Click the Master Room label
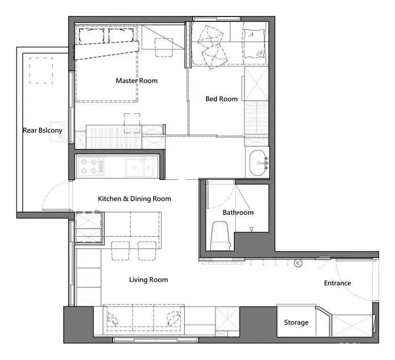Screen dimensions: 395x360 pyautogui.click(x=136, y=80)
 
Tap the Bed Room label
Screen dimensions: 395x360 pyautogui.click(x=221, y=99)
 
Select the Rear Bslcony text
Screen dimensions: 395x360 pyautogui.click(x=43, y=130)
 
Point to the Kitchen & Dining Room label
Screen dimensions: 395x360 pyautogui.click(x=134, y=199)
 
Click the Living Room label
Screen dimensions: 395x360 pyautogui.click(x=149, y=280)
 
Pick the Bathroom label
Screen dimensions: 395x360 pyautogui.click(x=238, y=212)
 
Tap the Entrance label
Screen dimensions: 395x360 pyautogui.click(x=337, y=283)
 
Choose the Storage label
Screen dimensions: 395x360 pyautogui.click(x=296, y=322)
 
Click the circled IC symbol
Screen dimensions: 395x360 pyautogui.click(x=298, y=263)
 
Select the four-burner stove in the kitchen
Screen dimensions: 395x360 pyautogui.click(x=91, y=167)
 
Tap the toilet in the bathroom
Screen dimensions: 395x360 pyautogui.click(x=221, y=236)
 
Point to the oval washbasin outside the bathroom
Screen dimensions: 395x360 pyautogui.click(x=258, y=163)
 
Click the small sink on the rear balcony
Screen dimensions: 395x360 pyautogui.click(x=58, y=132)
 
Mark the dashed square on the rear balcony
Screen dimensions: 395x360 pyautogui.click(x=41, y=70)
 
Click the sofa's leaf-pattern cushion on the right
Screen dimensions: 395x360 pyautogui.click(x=173, y=318)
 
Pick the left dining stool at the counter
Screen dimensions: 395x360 pyautogui.click(x=120, y=251)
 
